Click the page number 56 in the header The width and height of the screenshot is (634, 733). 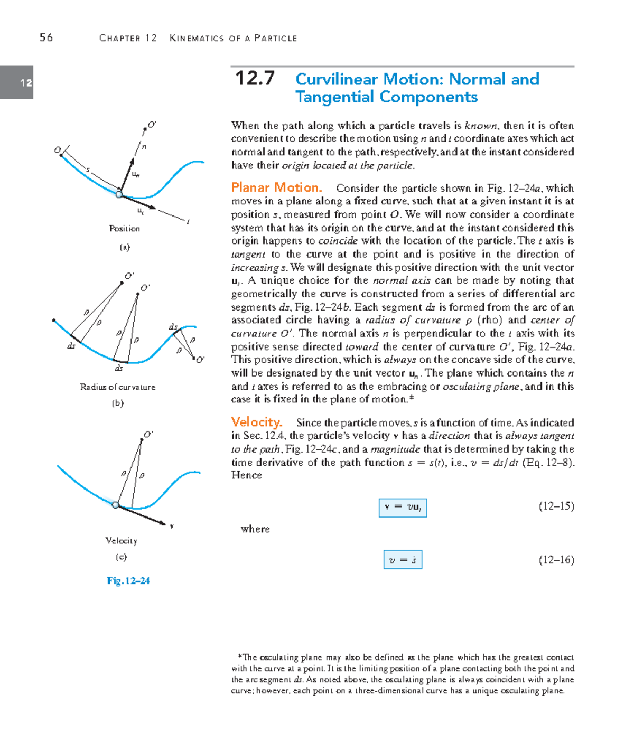click(x=46, y=37)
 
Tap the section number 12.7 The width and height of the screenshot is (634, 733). click(x=255, y=79)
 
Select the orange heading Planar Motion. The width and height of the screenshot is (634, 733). click(x=276, y=187)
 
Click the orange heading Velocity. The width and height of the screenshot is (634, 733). click(x=256, y=422)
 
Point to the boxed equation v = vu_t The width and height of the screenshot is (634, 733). click(x=403, y=508)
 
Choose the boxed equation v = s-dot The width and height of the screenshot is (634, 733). click(x=403, y=560)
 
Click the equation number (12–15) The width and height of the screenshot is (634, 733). click(x=556, y=506)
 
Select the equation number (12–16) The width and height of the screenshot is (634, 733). click(x=556, y=560)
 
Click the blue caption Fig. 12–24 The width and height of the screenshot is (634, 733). click(x=128, y=581)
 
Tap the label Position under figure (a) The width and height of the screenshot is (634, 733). click(x=124, y=229)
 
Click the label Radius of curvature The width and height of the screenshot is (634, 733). click(x=117, y=387)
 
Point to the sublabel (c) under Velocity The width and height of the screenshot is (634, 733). click(x=121, y=557)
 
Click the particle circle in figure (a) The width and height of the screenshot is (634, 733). click(x=119, y=194)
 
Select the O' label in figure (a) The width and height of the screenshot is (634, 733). click(x=152, y=125)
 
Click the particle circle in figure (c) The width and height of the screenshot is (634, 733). click(x=116, y=505)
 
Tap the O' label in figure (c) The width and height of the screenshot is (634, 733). click(x=148, y=434)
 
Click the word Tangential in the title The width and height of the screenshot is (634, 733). click(x=335, y=97)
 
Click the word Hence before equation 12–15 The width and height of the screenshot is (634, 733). click(x=246, y=475)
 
